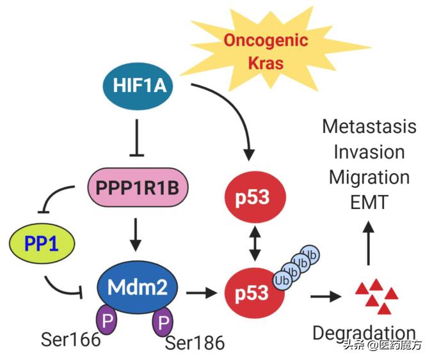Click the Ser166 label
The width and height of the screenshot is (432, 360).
[x=70, y=339]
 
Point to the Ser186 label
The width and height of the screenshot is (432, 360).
[x=195, y=343]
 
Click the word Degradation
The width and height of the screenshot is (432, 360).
[x=364, y=333]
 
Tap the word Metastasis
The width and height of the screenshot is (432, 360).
[x=369, y=126]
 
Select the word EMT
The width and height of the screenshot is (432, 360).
[x=369, y=203]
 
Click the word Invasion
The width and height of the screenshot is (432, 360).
[x=369, y=152]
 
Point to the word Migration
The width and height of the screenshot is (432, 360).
[x=369, y=177]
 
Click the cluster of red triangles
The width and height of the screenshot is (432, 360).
[x=376, y=295]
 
